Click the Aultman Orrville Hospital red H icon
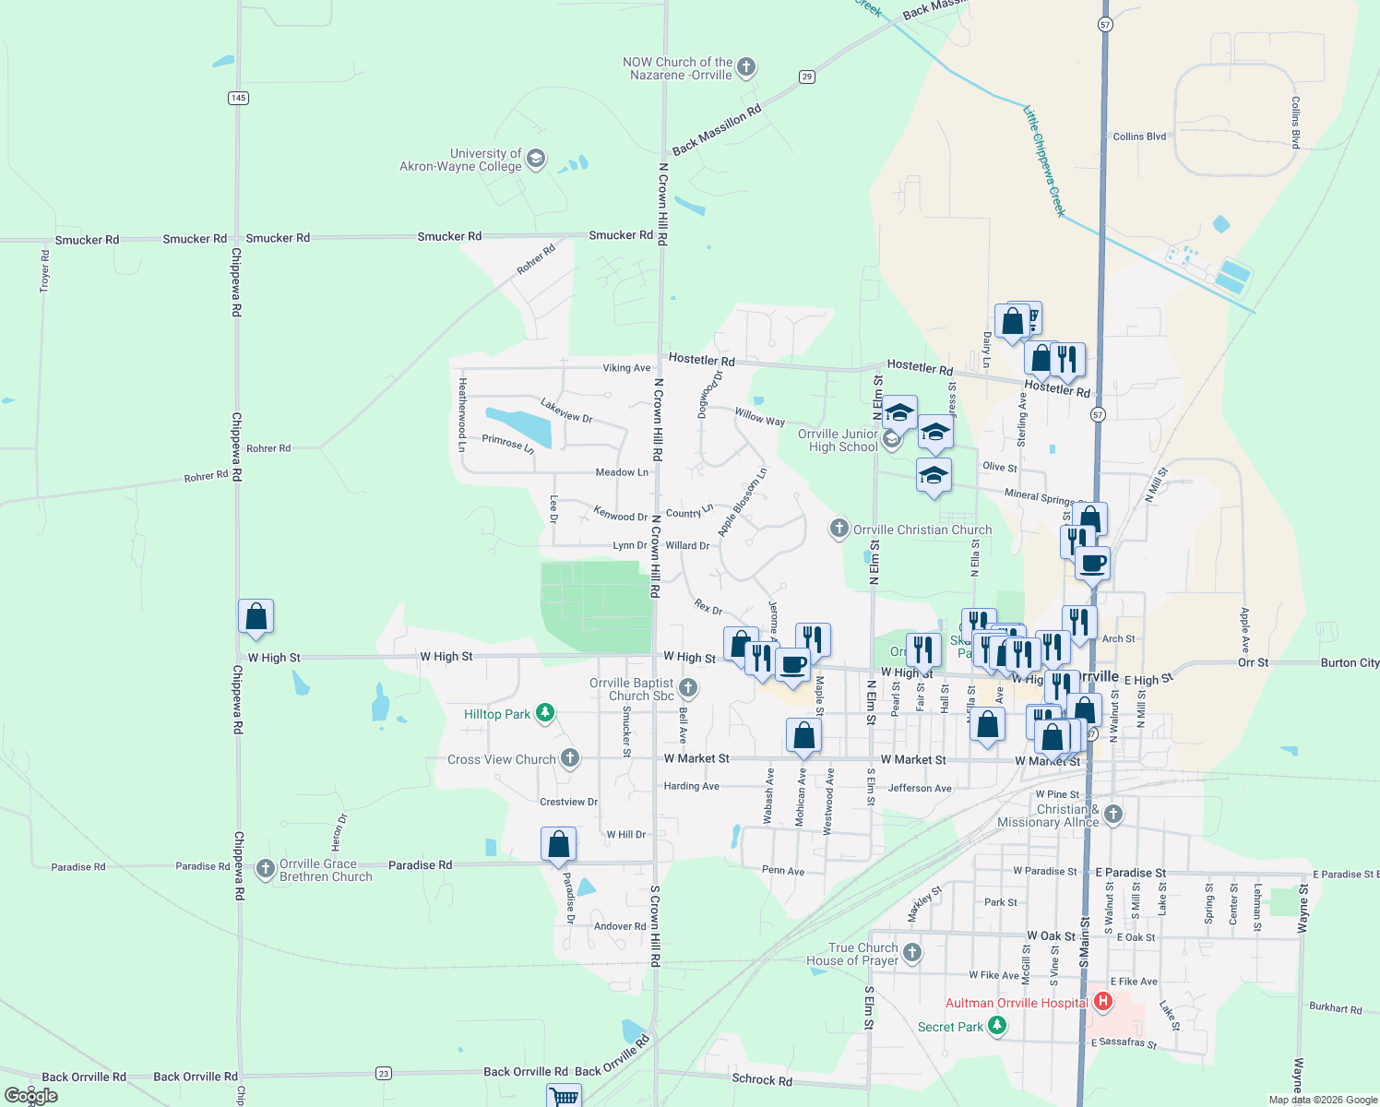click(1102, 1002)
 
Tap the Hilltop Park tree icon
click(545, 713)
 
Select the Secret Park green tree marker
click(996, 1026)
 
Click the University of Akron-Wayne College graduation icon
click(536, 160)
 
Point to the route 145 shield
click(238, 98)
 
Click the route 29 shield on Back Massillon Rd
click(807, 77)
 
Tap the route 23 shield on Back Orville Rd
click(384, 1073)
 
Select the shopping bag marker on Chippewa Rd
click(256, 616)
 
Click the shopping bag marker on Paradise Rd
click(558, 844)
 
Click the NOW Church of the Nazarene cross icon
click(746, 67)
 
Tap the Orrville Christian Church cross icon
click(839, 529)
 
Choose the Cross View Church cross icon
click(570, 758)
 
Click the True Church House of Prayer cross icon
click(912, 953)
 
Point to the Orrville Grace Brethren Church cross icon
click(266, 869)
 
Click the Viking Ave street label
click(626, 368)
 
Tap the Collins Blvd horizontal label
click(1139, 137)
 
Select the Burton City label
click(1350, 662)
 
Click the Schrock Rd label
click(761, 1079)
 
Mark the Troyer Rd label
click(45, 271)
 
